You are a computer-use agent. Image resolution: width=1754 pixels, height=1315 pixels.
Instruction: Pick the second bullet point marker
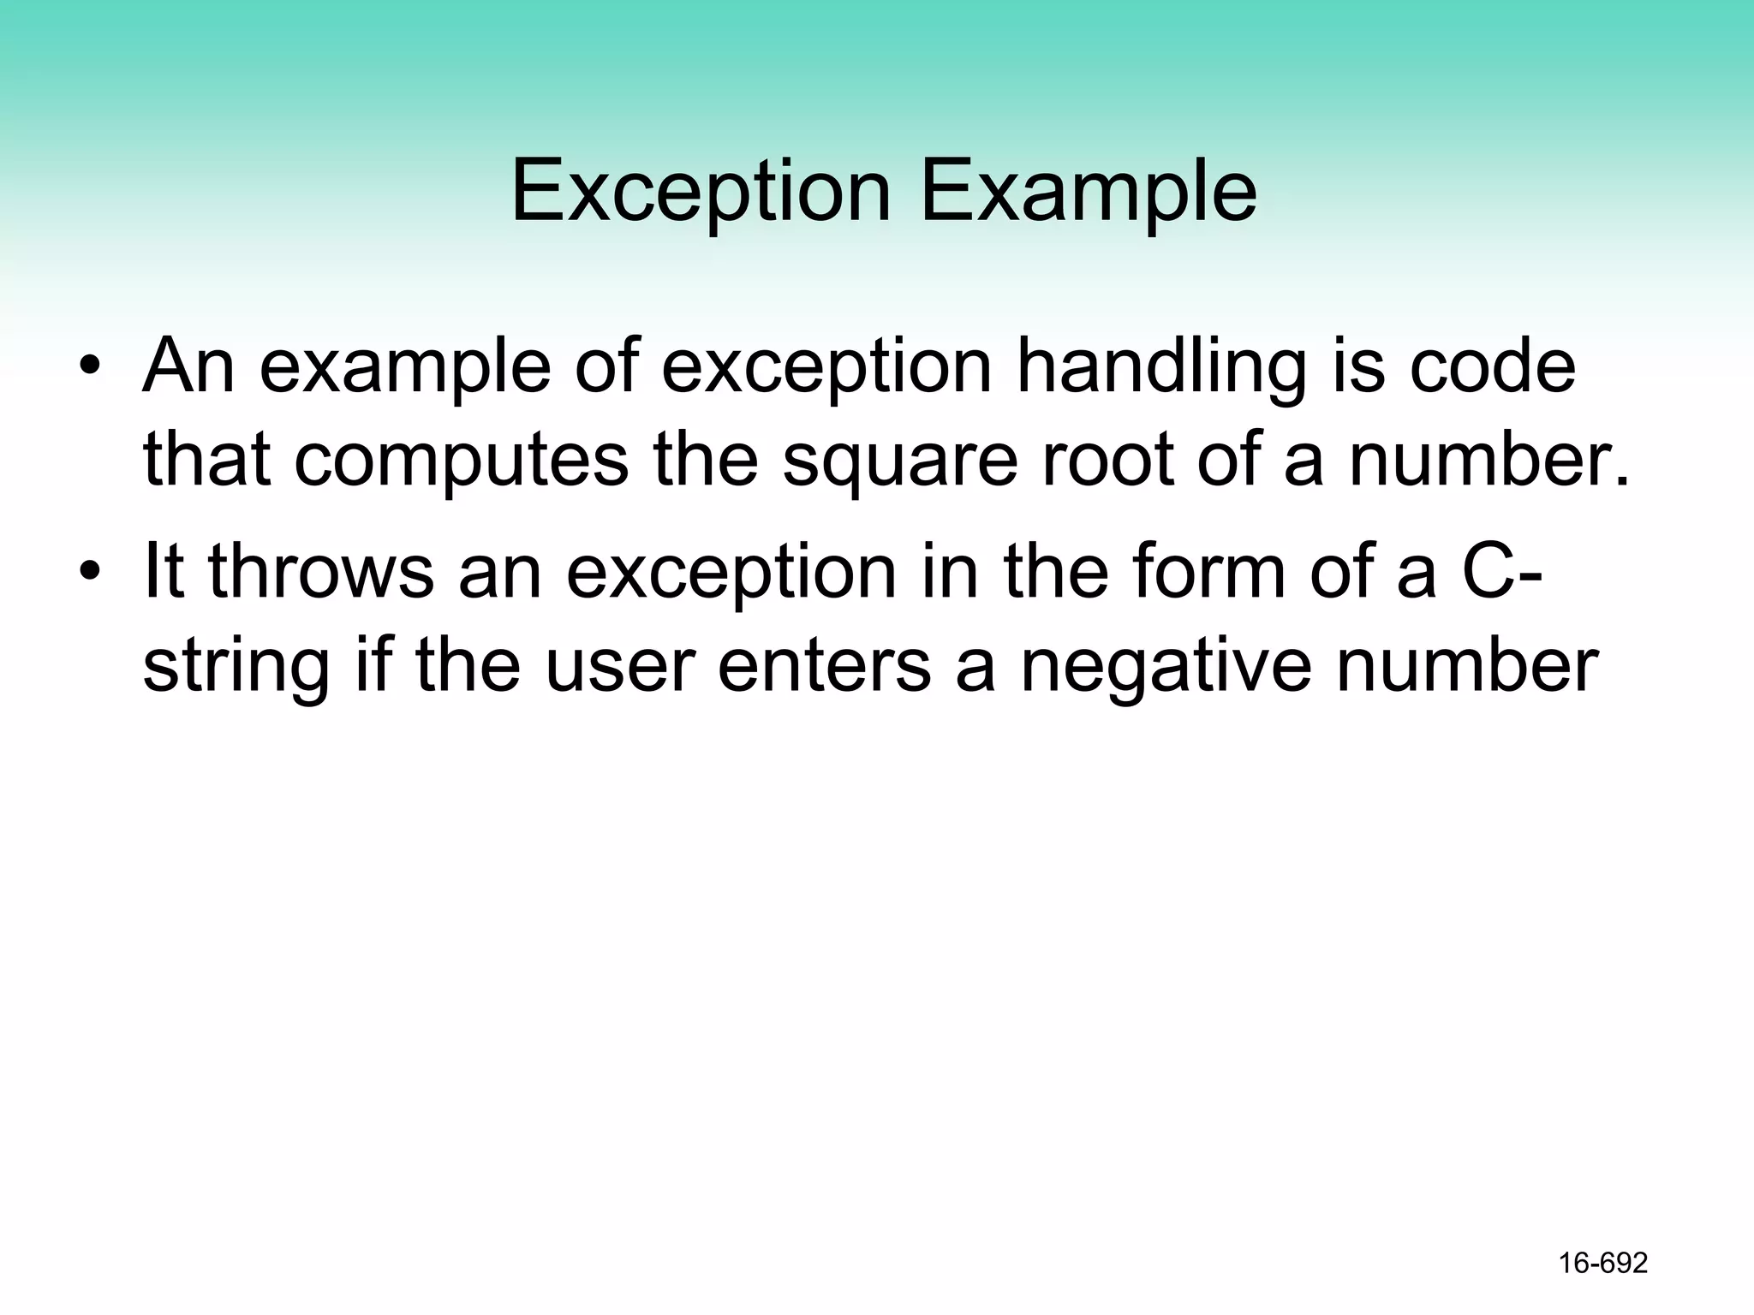89,571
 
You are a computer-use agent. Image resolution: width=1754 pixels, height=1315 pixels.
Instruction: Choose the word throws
321,571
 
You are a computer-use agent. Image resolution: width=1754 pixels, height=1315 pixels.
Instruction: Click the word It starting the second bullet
164,571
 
